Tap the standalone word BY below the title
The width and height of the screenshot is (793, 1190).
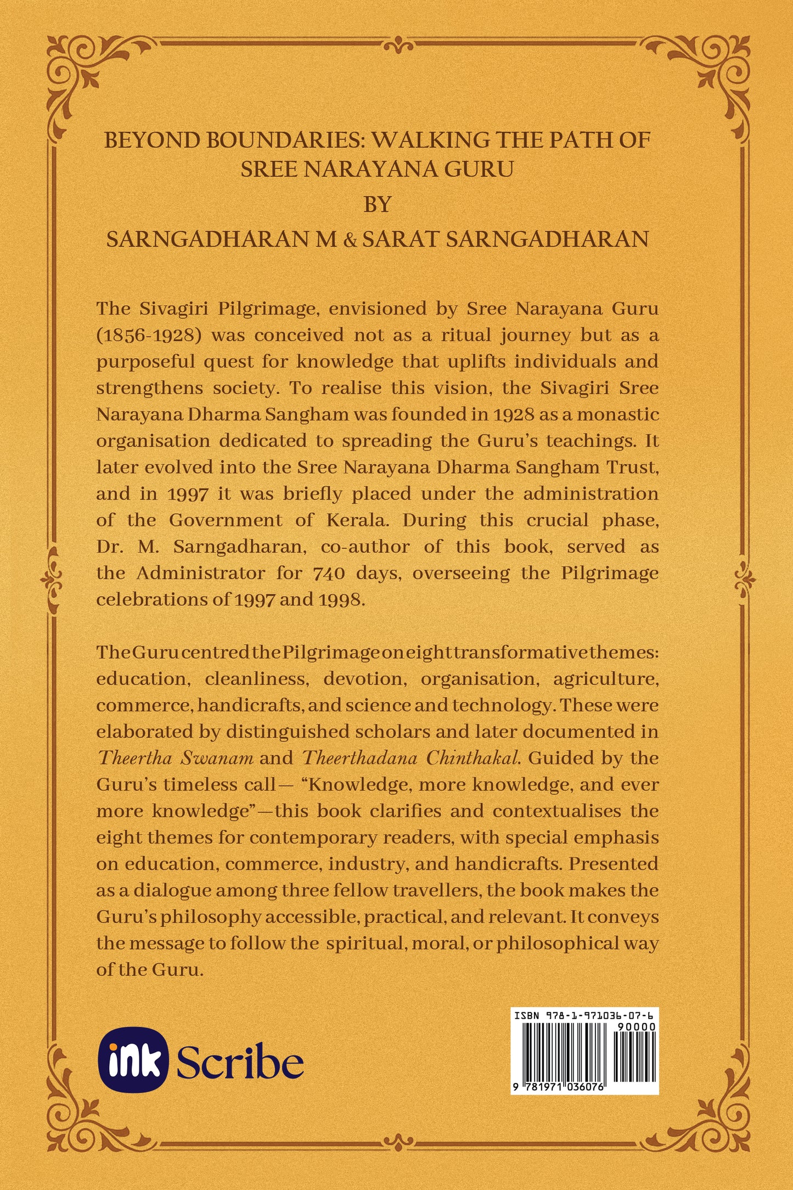[x=377, y=205]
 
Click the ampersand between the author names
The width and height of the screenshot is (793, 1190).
[x=349, y=240]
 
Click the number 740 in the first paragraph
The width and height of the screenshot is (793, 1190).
[x=330, y=574]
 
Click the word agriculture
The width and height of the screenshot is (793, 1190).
[x=605, y=680]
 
